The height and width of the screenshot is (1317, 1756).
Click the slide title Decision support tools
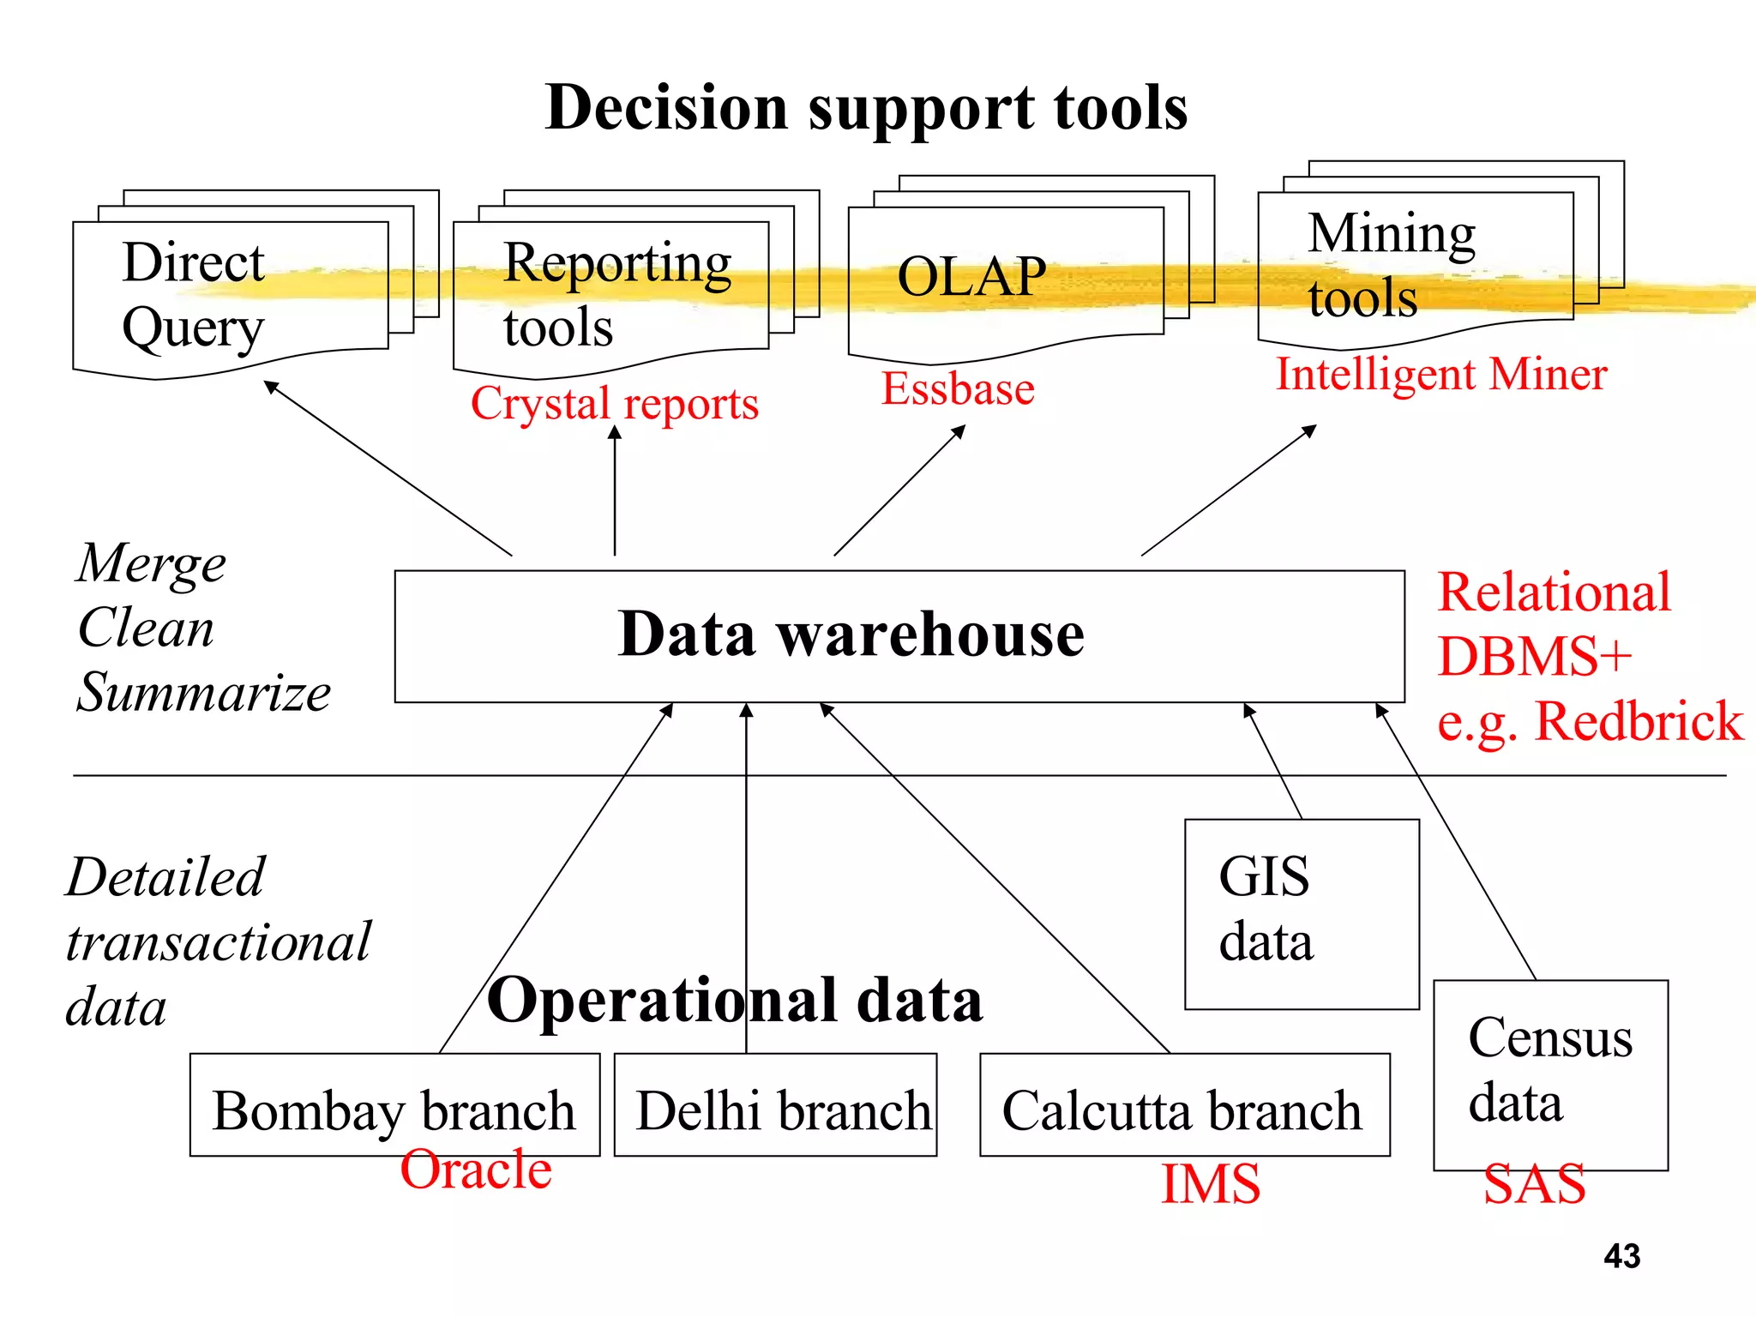click(x=866, y=108)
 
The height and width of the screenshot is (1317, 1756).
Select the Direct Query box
click(x=230, y=296)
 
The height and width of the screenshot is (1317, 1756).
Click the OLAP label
click(x=971, y=277)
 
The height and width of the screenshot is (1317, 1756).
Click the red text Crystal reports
click(x=614, y=404)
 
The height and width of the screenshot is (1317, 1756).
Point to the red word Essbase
click(x=958, y=389)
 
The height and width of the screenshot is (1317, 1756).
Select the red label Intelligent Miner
click(x=1440, y=375)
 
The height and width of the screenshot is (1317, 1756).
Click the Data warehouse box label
click(x=851, y=634)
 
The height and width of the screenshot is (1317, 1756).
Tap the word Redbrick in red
click(x=1638, y=722)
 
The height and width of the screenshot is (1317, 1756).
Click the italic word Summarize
click(x=203, y=693)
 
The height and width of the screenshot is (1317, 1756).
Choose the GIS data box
click(x=1301, y=913)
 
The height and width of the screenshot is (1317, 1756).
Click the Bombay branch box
click(x=394, y=1110)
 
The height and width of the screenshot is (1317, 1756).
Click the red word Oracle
click(x=476, y=1170)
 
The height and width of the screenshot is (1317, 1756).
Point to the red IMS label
click(x=1210, y=1185)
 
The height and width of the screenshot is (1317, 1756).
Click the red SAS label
click(x=1534, y=1185)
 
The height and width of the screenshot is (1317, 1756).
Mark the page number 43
click(x=1621, y=1257)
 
